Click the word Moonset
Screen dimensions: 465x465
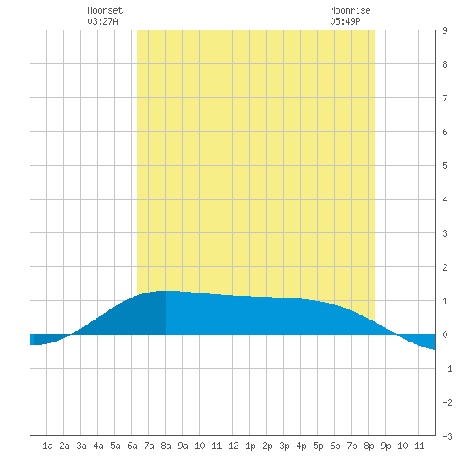105,10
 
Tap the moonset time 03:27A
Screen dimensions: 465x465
102,21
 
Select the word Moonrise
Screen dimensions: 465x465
350,10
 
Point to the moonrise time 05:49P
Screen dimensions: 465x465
345,21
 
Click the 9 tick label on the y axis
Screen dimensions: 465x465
445,30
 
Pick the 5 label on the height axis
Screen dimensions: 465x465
445,166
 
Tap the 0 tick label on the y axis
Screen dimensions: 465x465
445,335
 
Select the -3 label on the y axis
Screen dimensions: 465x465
447,436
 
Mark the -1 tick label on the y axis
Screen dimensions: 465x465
447,369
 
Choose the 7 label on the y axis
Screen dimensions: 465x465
445,98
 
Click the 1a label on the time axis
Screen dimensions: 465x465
47,446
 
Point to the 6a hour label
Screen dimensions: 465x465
132,446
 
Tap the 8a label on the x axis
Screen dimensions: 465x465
166,446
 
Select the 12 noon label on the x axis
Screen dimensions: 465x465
233,446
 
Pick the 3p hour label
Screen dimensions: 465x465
284,446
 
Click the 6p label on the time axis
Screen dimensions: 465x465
335,446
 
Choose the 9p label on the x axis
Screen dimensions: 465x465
386,446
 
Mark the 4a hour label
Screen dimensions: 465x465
98,446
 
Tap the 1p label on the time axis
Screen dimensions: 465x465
250,446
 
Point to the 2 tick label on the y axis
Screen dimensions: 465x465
445,267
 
